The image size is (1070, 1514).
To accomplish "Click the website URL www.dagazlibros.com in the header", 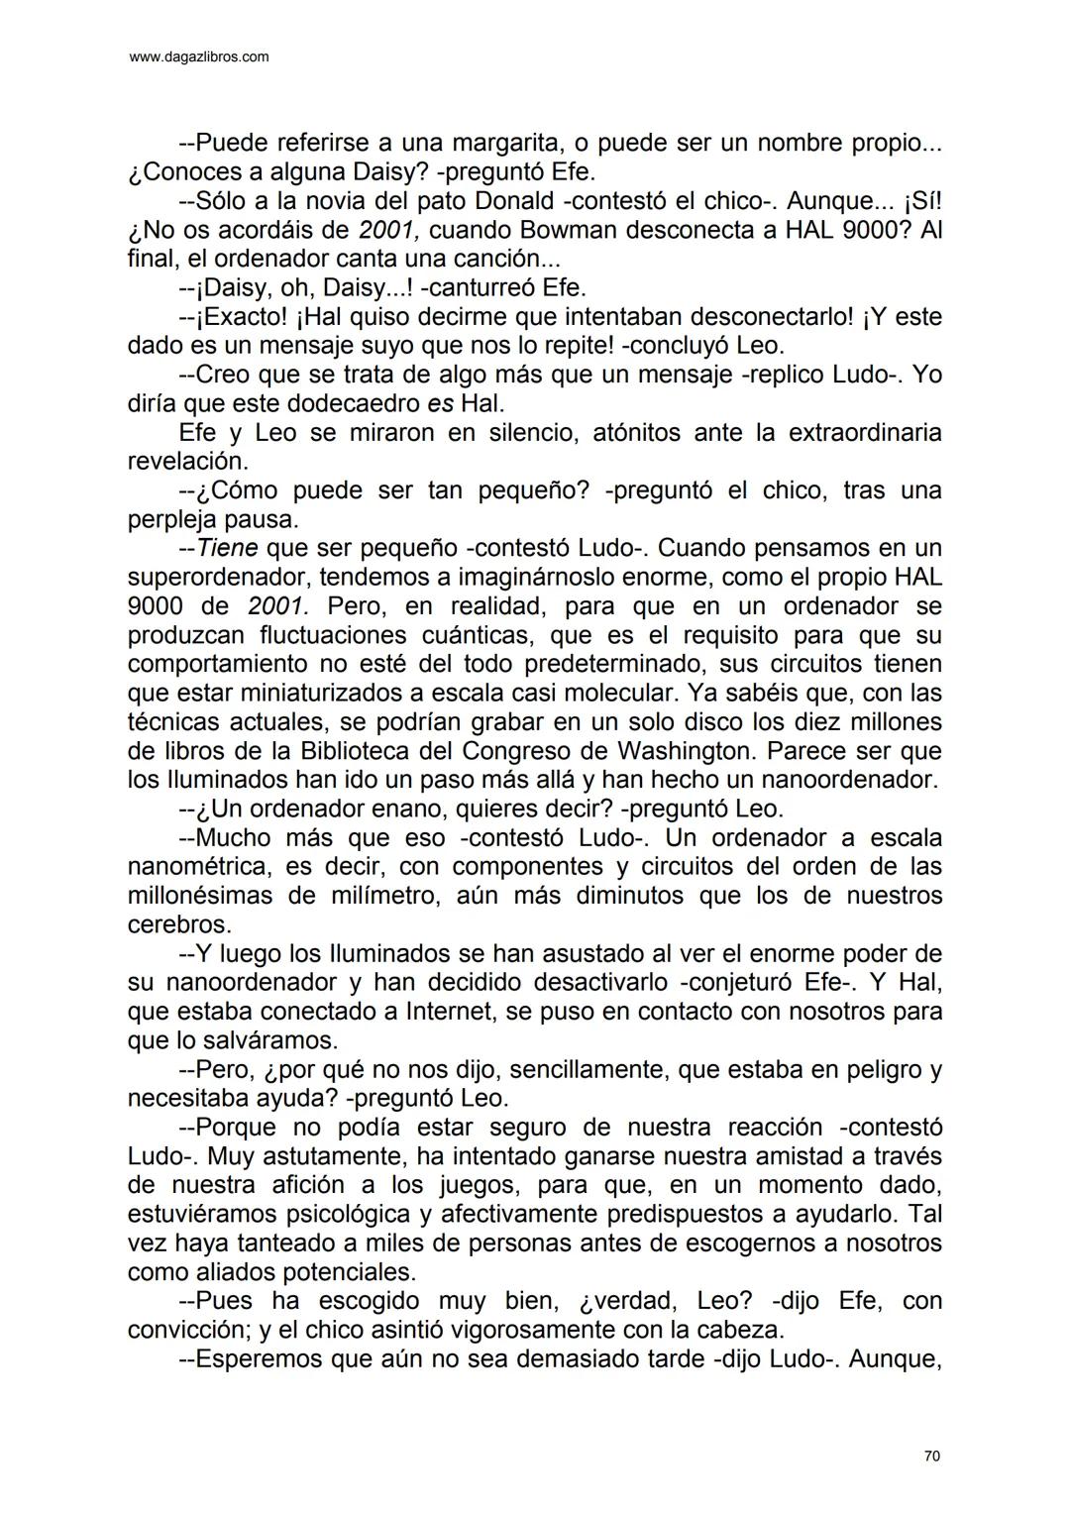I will (x=199, y=57).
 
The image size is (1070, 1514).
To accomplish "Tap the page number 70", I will (x=931, y=1456).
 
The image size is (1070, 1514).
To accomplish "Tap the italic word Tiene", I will (x=227, y=548).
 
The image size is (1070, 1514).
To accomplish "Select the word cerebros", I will (x=179, y=924).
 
